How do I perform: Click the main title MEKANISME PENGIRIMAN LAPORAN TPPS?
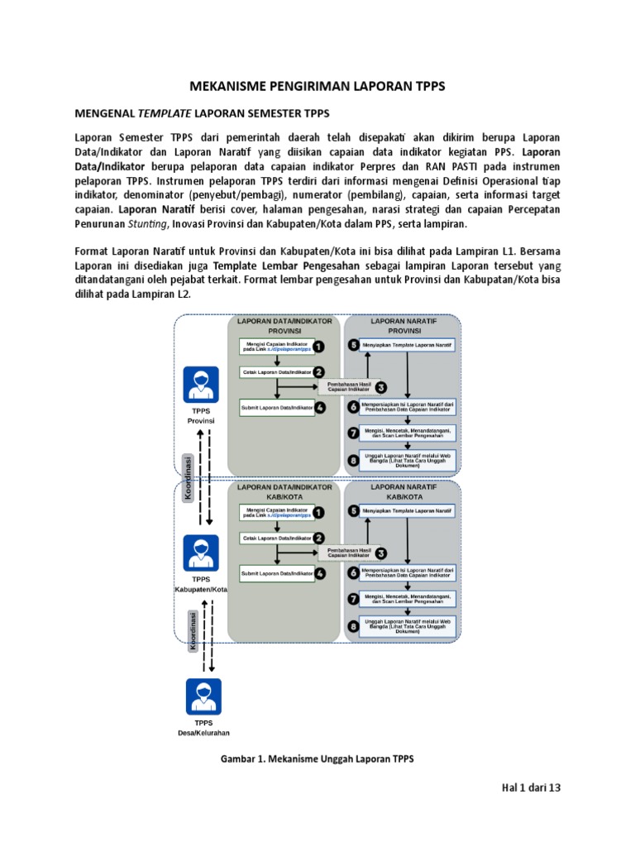tap(317, 86)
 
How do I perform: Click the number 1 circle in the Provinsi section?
tap(318, 347)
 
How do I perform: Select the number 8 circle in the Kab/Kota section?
tap(354, 626)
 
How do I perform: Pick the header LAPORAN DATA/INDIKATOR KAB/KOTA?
tap(284, 492)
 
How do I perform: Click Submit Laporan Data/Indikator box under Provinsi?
tap(277, 408)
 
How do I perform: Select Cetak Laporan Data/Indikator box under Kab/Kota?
tap(277, 538)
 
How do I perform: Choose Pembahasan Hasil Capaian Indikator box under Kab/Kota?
tap(348, 552)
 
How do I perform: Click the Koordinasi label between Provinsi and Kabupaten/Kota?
tap(189, 477)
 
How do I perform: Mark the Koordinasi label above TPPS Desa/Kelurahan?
tap(193, 631)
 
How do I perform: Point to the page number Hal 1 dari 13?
tap(531, 788)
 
